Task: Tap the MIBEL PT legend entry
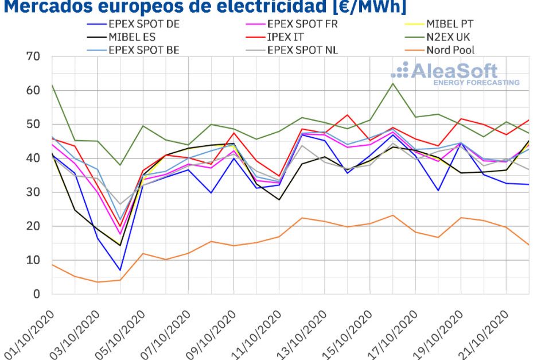tap(449, 24)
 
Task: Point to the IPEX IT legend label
tap(286, 37)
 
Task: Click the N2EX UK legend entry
tap(451, 37)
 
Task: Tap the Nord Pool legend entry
tap(450, 49)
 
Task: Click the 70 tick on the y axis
tap(33, 56)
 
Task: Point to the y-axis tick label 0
tap(37, 294)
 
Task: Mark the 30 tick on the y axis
tap(33, 192)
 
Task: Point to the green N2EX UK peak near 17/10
tap(393, 84)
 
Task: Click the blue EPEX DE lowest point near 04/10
tap(120, 270)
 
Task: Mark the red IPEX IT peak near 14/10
tap(347, 115)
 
